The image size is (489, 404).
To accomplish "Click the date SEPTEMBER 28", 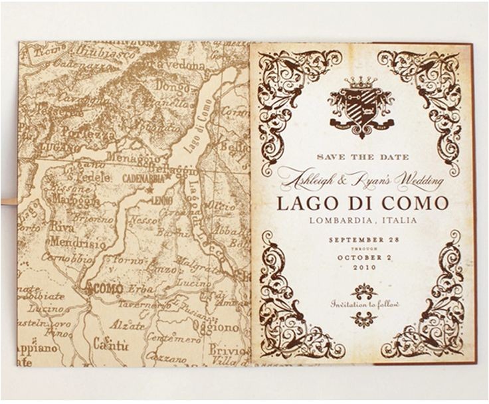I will pos(361,239).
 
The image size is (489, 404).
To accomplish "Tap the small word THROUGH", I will pos(361,249).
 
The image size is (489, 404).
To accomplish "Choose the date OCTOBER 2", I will pos(361,257).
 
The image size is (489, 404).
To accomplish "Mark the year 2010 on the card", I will pos(361,267).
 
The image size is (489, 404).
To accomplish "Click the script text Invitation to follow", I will pos(364,304).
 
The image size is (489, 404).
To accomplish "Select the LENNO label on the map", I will pos(163,199).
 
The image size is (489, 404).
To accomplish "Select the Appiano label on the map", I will pos(39,348).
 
